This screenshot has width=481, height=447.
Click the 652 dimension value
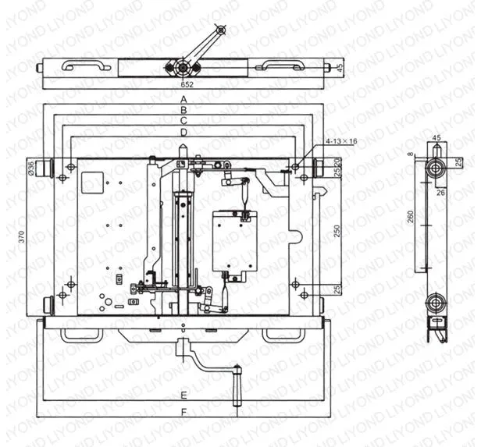[x=187, y=83]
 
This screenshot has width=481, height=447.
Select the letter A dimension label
[x=183, y=100]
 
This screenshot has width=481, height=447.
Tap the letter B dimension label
[x=183, y=111]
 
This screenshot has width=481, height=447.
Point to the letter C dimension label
[x=183, y=122]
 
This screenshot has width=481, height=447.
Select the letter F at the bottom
[x=183, y=410]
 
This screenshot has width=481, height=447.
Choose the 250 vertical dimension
[x=338, y=232]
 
